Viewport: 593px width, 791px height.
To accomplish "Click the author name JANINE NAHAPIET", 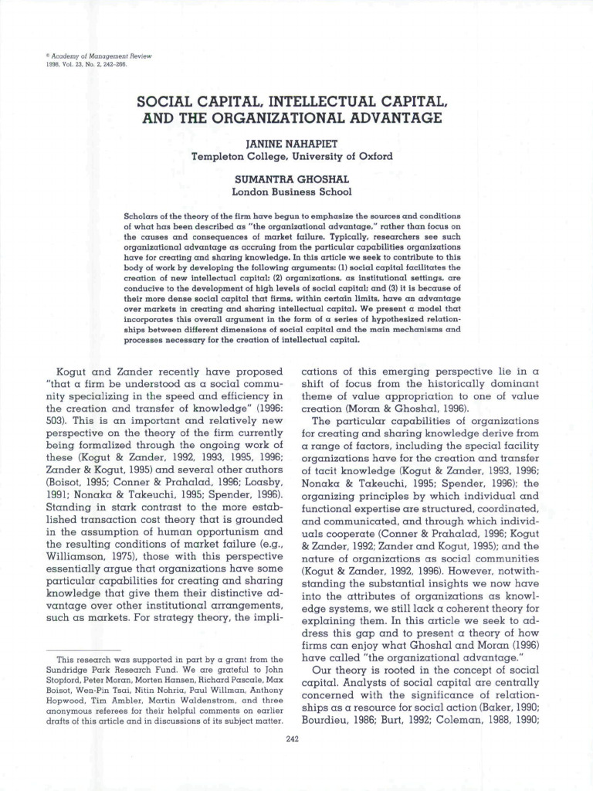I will [291, 144].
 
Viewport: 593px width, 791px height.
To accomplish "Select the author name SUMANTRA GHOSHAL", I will [291, 178].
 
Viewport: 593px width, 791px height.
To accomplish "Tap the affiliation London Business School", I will [291, 191].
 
